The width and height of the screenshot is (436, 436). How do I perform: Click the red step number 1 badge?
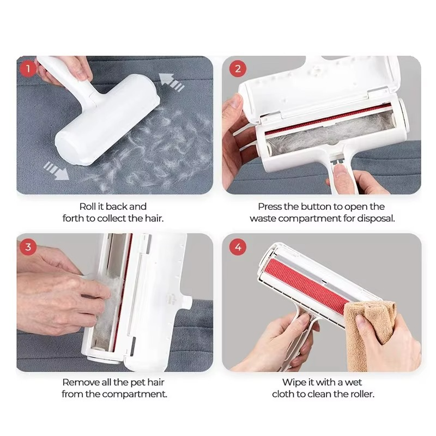(28, 69)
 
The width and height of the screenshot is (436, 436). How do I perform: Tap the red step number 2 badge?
(237, 69)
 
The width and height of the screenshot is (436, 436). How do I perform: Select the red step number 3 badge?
(28, 246)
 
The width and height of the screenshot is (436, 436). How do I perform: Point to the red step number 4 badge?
(237, 247)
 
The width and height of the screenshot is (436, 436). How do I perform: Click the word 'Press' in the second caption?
(271, 207)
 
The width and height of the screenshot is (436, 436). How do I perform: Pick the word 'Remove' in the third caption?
(78, 383)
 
